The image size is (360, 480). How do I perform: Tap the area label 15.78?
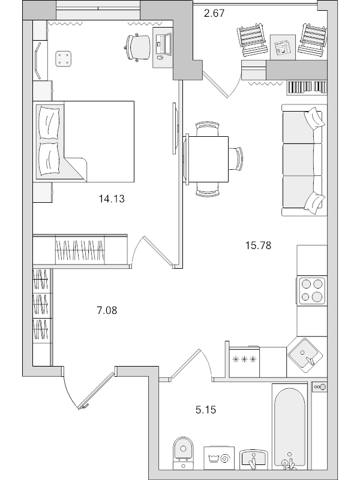tap(259, 244)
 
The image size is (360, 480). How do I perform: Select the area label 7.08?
tap(107, 310)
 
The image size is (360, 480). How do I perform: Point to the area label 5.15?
tap(205, 410)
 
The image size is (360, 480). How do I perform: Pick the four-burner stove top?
tap(311, 290)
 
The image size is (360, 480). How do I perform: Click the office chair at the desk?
tap(138, 46)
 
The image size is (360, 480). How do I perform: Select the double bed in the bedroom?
tap(85, 141)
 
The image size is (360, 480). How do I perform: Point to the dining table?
tap(208, 159)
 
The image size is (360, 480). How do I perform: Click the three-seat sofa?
tap(302, 160)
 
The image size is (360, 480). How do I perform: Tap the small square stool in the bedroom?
tap(63, 58)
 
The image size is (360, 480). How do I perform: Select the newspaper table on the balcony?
tap(281, 47)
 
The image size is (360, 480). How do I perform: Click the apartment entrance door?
tap(96, 391)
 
